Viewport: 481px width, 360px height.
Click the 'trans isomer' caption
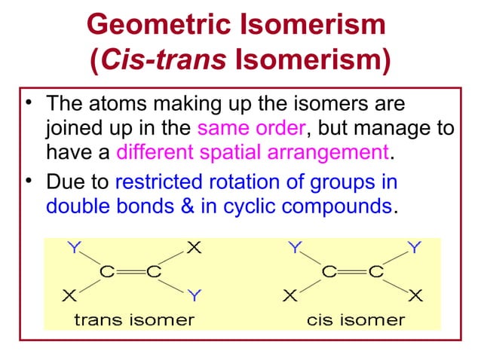133,319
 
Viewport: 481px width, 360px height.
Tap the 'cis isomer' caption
355,319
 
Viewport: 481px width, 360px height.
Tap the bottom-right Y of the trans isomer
194,294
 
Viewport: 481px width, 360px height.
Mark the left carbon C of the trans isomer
109,272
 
